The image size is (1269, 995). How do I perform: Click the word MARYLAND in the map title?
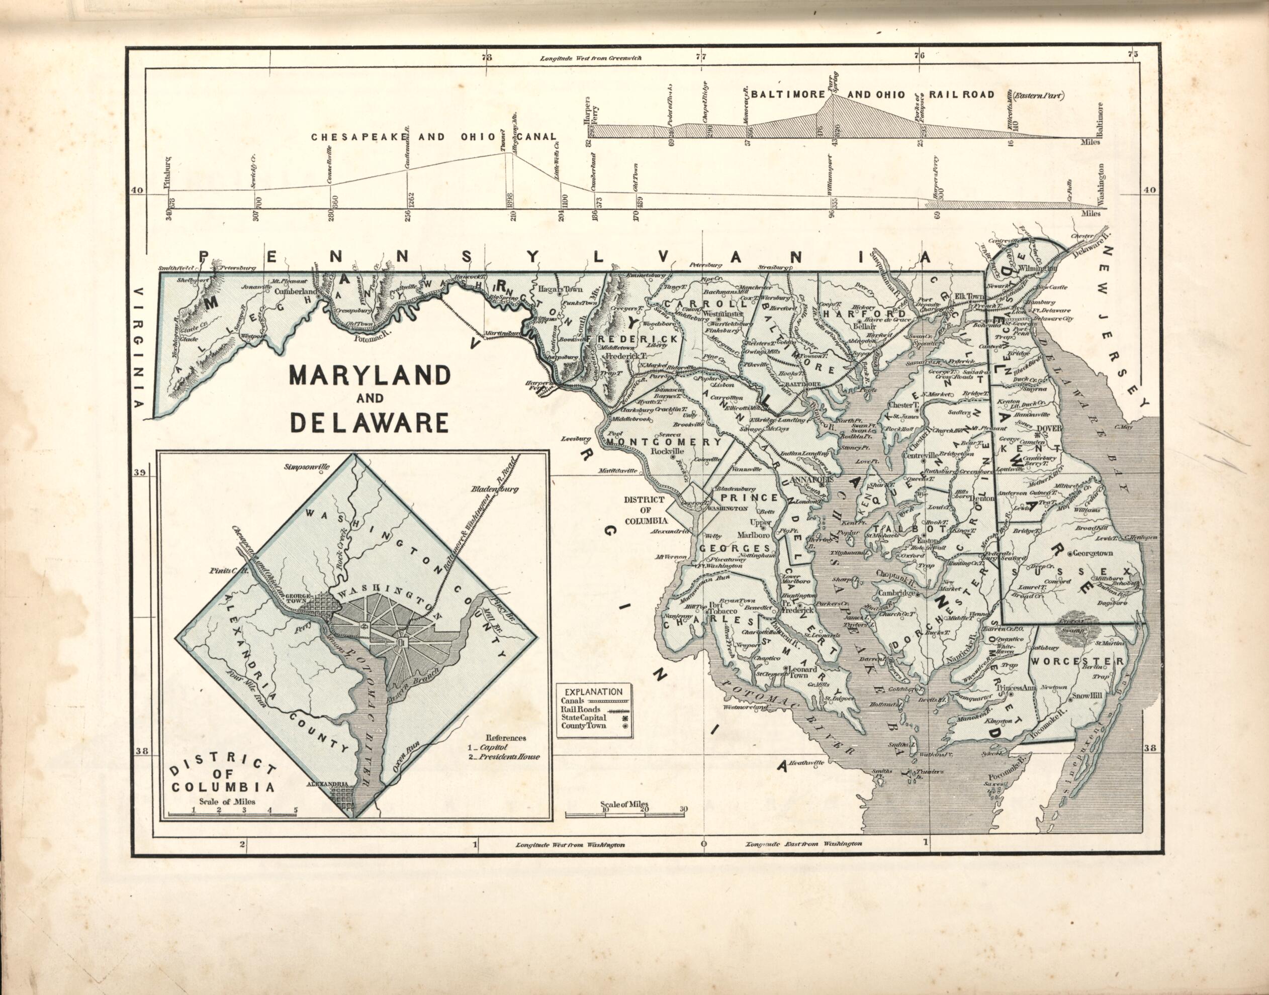tap(370, 376)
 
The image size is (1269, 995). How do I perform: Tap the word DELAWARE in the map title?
tap(370, 423)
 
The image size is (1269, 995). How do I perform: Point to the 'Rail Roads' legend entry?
tap(581, 709)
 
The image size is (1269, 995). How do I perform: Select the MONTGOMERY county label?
tap(664, 442)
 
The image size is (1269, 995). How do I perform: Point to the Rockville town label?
tap(666, 451)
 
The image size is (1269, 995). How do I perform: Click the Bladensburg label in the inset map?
tap(494, 489)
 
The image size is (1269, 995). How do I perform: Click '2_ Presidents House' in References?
tap(505, 757)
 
